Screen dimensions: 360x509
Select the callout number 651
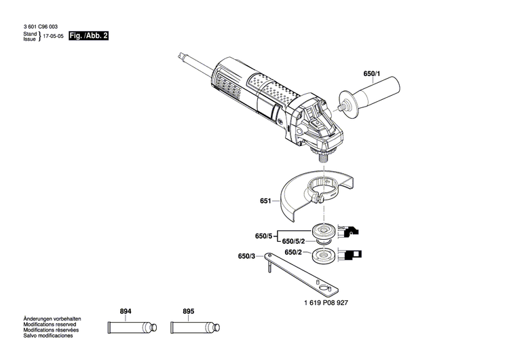pyautogui.click(x=265, y=202)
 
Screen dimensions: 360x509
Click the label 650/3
pyautogui.click(x=247, y=257)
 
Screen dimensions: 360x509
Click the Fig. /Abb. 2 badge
pyautogui.click(x=89, y=34)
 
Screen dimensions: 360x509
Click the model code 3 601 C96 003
pyautogui.click(x=43, y=26)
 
